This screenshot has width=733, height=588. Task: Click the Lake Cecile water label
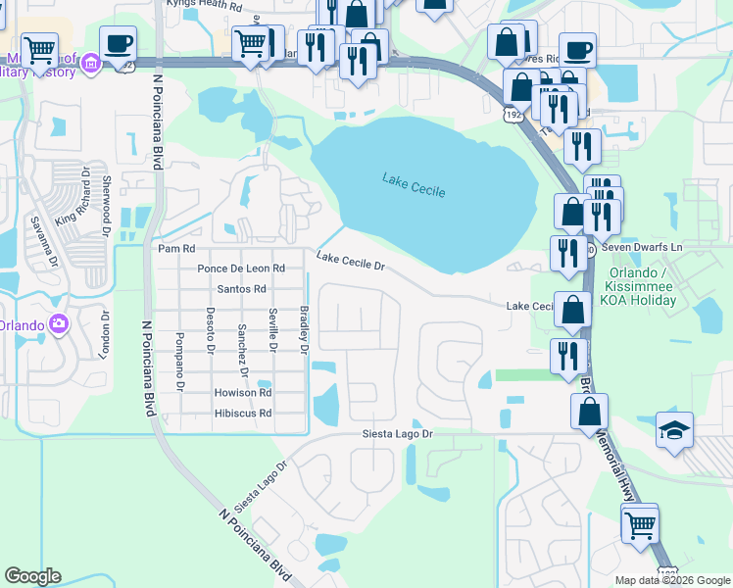(x=414, y=183)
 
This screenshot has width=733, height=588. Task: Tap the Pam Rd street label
(x=176, y=249)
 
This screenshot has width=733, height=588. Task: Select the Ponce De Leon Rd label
(x=240, y=268)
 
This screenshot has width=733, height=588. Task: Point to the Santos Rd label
(x=241, y=289)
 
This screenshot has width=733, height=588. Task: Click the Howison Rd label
(x=241, y=392)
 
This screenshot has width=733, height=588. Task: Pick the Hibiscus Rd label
(x=242, y=414)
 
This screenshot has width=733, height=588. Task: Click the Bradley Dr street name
(x=304, y=329)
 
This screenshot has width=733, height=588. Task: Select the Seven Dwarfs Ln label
(x=648, y=248)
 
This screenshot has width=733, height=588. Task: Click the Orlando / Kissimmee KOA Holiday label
(x=642, y=285)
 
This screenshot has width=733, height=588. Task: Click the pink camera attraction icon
(x=59, y=323)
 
